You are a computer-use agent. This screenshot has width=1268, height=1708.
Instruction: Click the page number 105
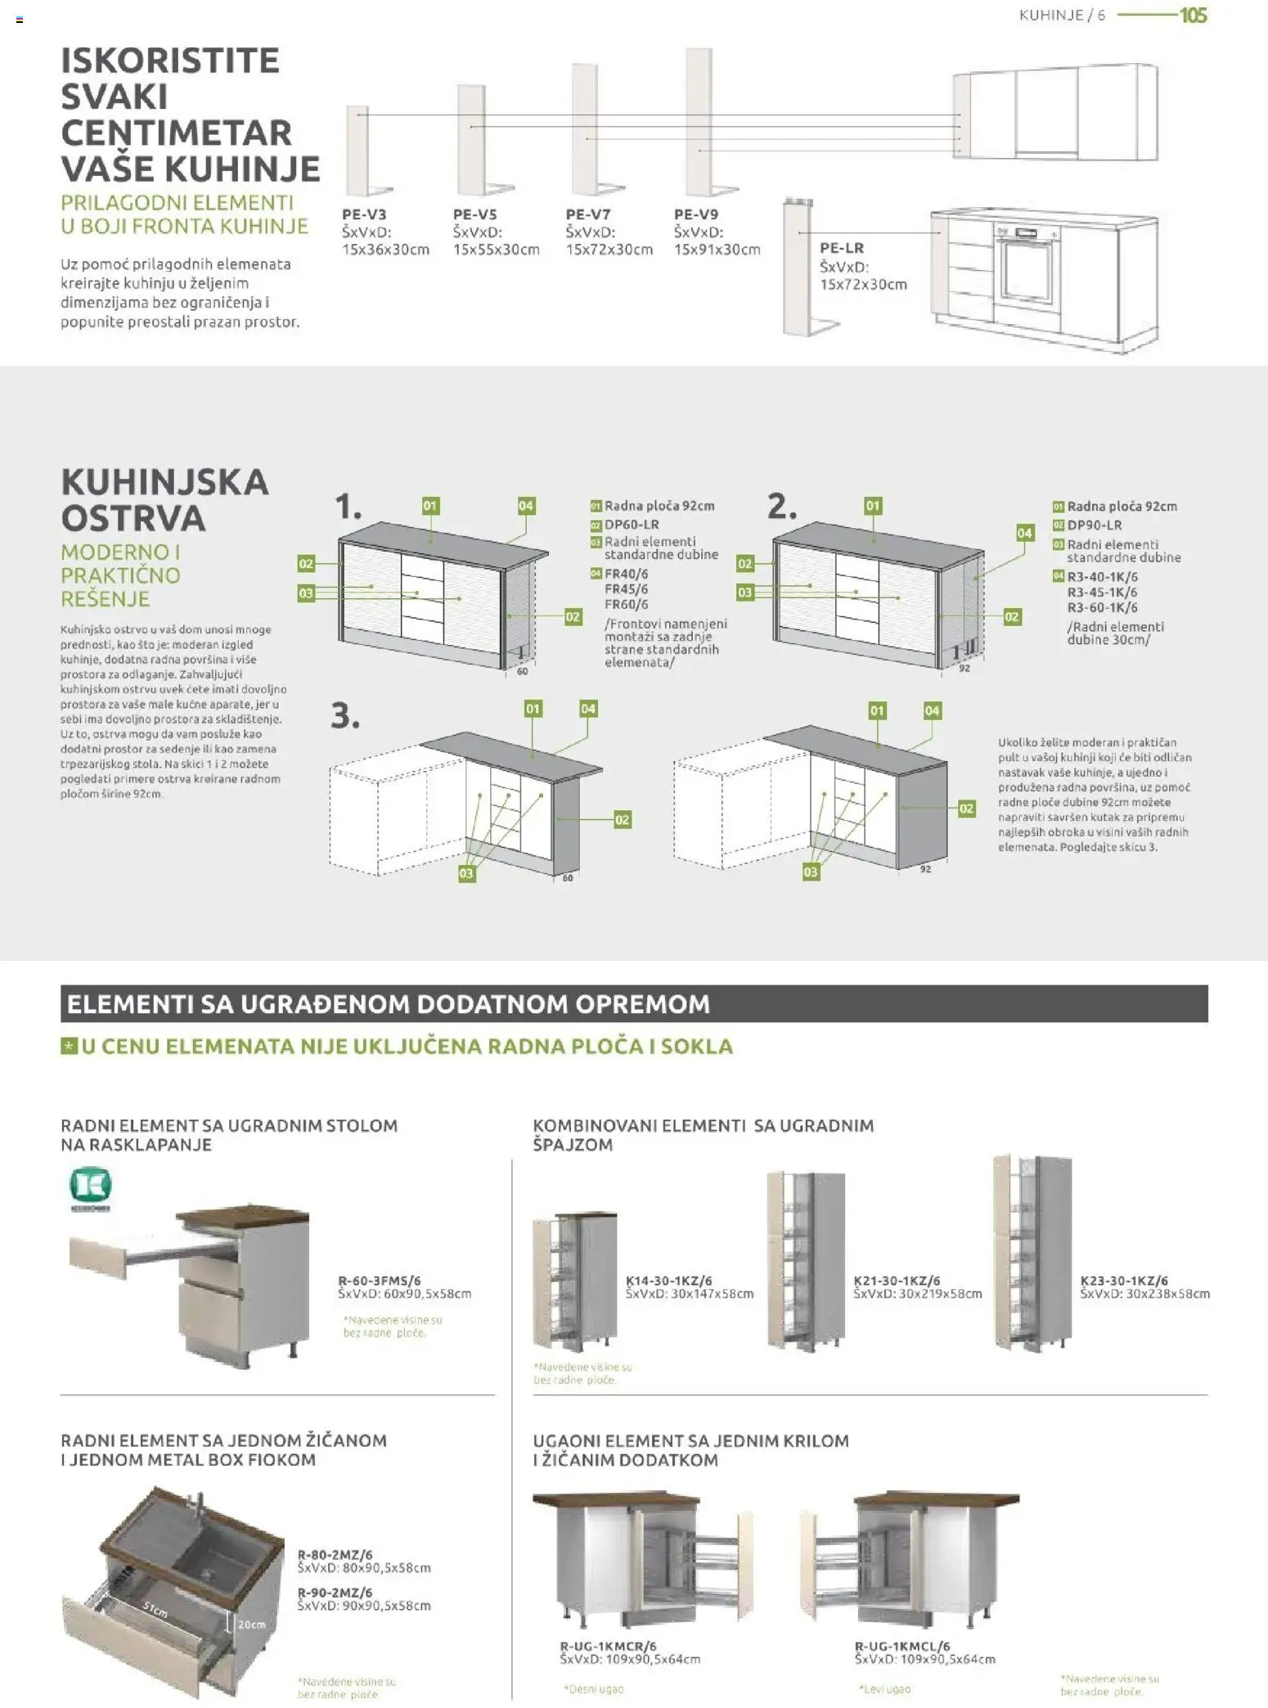coord(1193,16)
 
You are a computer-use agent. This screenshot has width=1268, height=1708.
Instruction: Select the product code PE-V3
coord(364,214)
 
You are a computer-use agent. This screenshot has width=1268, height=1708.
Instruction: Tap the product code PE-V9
coord(696,214)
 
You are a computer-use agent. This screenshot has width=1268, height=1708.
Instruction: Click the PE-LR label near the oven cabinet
coord(842,248)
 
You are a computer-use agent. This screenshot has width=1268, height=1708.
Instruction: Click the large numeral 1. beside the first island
coord(348,507)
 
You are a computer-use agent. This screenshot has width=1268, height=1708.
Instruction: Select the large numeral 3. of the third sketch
coord(345,716)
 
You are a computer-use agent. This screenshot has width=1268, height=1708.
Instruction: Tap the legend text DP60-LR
coord(632,525)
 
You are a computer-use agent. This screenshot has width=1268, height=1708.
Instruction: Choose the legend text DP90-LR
coord(1094,525)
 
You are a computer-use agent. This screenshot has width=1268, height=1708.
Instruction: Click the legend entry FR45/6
coord(626,589)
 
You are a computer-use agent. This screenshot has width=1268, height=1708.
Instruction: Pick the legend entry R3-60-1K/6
coord(1102,607)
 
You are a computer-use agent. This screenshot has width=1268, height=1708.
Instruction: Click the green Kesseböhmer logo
coord(90,1186)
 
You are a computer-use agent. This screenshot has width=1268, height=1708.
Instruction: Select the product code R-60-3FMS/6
coord(380,1281)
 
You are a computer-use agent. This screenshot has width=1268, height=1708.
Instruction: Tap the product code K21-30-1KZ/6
coord(897,1281)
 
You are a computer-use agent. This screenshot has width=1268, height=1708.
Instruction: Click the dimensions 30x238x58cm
coord(1167,1294)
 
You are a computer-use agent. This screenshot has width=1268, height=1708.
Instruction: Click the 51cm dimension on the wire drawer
coord(155,1609)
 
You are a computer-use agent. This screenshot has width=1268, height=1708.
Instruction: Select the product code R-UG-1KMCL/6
coord(902,1646)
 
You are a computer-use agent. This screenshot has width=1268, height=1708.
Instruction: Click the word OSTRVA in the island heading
coord(133,518)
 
